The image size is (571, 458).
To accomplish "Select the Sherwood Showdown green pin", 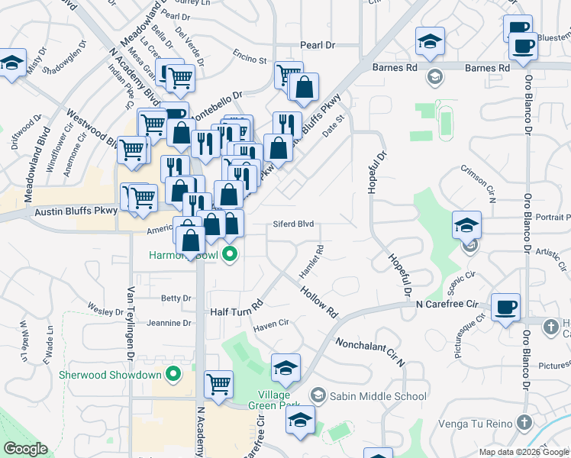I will click(173, 374).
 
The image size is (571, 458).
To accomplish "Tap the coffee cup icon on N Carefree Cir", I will click(505, 307).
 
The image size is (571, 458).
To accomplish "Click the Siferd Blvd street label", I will click(294, 225).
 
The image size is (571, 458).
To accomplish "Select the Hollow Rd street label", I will click(318, 302).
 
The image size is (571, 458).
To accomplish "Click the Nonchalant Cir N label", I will click(369, 353).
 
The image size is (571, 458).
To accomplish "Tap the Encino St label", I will click(250, 60).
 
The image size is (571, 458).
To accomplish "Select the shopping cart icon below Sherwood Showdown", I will click(218, 383).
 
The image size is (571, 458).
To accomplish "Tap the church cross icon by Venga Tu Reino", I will click(524, 422).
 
